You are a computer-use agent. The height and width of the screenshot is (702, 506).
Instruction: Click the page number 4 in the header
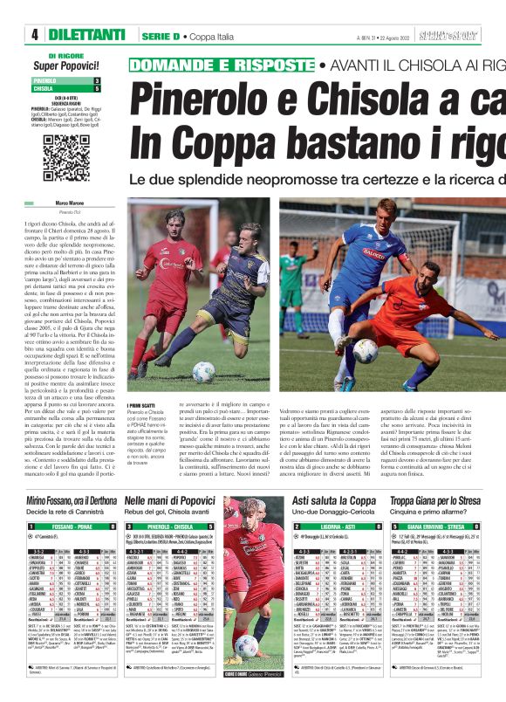(35, 35)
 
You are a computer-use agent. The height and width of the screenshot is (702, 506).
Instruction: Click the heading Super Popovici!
(65, 65)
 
